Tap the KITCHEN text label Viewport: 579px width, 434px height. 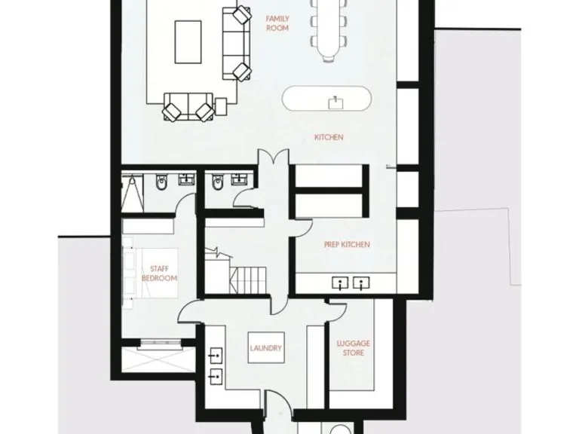coord(329,137)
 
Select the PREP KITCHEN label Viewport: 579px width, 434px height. coord(346,245)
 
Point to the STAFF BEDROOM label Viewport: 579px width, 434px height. coord(159,274)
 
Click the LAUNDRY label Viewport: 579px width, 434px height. coord(265,348)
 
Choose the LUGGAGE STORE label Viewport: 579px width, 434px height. coord(352,348)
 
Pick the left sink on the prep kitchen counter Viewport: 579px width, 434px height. coord(341,283)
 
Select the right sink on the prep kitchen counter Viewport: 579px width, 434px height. coord(363,283)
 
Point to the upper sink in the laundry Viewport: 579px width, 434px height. coord(216,353)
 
